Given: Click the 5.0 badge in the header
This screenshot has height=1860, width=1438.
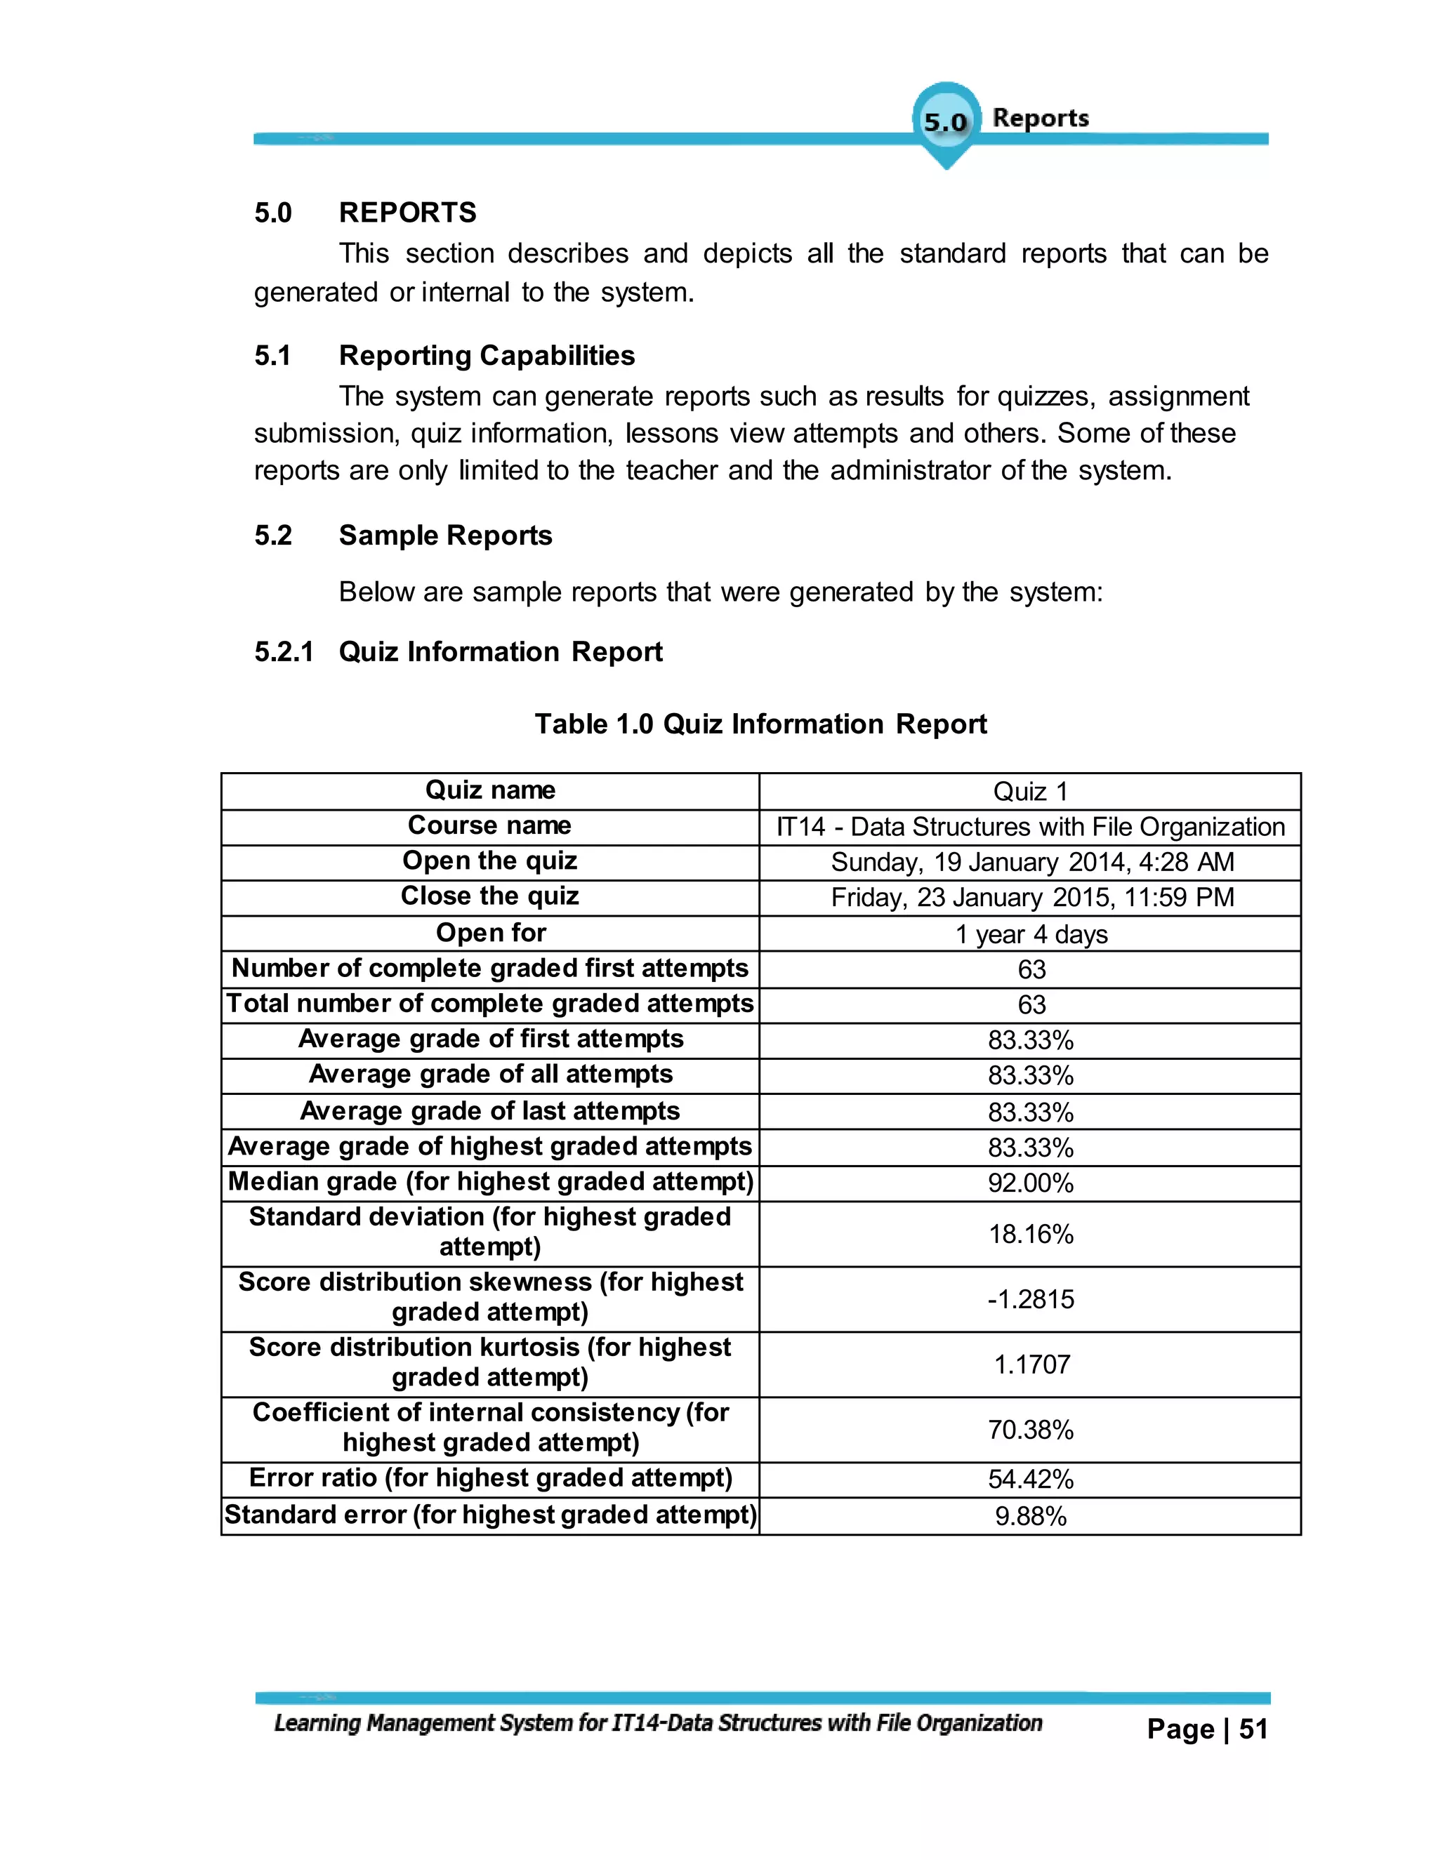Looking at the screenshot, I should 946,122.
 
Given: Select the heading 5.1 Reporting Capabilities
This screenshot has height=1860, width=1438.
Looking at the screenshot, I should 487,355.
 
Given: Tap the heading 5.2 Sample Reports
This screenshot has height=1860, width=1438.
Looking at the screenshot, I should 444,535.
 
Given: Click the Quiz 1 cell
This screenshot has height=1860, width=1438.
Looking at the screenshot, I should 1030,791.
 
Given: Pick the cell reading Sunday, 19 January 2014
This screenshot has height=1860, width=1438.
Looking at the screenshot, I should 1031,862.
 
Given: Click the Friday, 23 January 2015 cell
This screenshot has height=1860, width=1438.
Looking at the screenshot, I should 1031,897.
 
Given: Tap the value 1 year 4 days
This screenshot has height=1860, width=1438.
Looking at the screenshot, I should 1031,934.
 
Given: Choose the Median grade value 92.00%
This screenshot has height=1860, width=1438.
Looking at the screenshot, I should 1031,1183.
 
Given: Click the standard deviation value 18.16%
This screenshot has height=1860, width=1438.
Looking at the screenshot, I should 1031,1233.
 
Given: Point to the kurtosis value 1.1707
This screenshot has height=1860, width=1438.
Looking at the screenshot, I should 1031,1364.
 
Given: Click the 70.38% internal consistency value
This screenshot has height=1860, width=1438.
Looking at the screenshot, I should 1031,1429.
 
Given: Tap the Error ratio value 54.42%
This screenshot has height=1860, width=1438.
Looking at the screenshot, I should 1031,1480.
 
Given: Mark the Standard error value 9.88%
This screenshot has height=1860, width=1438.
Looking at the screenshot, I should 1031,1516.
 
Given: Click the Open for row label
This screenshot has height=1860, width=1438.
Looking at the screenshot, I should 491,933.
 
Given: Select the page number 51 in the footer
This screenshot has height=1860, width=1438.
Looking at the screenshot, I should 1253,1729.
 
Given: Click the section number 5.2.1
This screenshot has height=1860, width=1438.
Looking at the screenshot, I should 284,651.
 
